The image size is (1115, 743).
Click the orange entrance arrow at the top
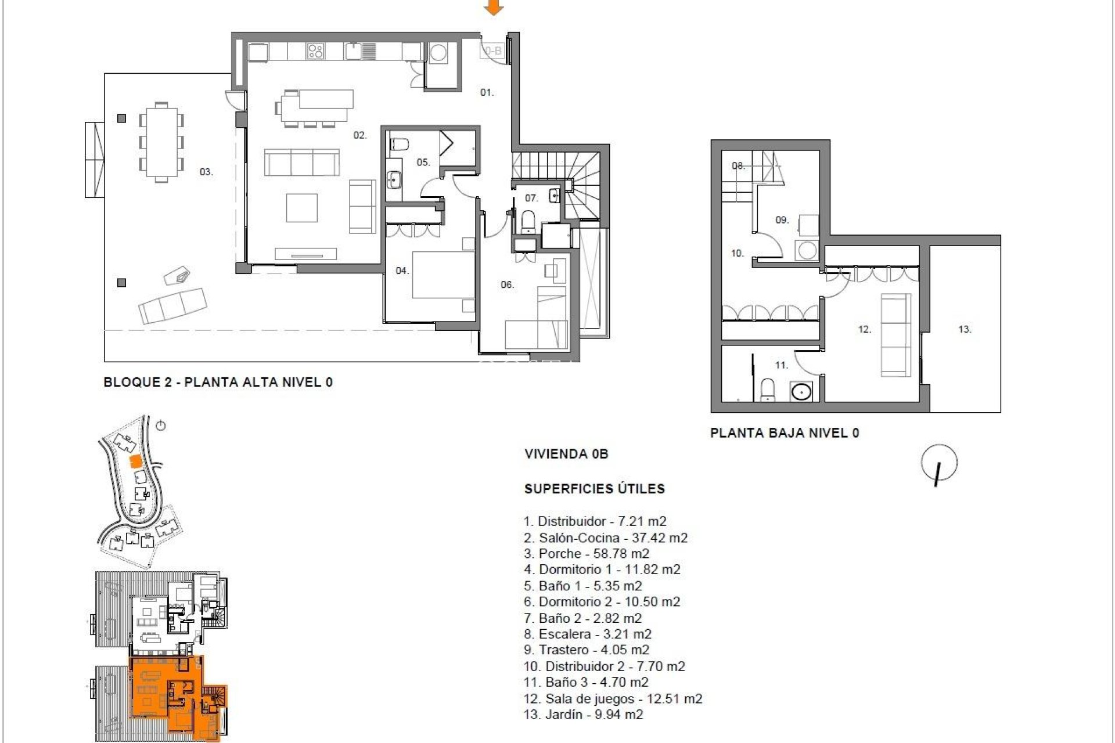[494, 8]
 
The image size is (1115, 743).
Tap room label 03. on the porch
[206, 172]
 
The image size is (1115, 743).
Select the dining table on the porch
[161, 142]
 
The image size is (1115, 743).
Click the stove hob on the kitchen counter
[315, 52]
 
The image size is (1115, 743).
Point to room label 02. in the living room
[360, 135]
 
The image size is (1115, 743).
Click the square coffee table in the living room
[301, 208]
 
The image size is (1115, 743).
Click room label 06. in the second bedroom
[507, 284]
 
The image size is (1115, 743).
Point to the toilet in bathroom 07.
[528, 221]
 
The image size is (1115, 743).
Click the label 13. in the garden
[965, 329]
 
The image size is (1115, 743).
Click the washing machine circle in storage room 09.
[806, 251]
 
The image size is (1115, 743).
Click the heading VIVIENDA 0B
[566, 454]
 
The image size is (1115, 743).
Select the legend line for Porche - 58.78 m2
[586, 553]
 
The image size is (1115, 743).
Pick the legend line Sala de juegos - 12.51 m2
[613, 698]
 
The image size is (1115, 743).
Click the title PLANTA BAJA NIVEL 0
[785, 432]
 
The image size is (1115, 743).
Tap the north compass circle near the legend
[939, 463]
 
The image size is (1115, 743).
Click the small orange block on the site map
[134, 461]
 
